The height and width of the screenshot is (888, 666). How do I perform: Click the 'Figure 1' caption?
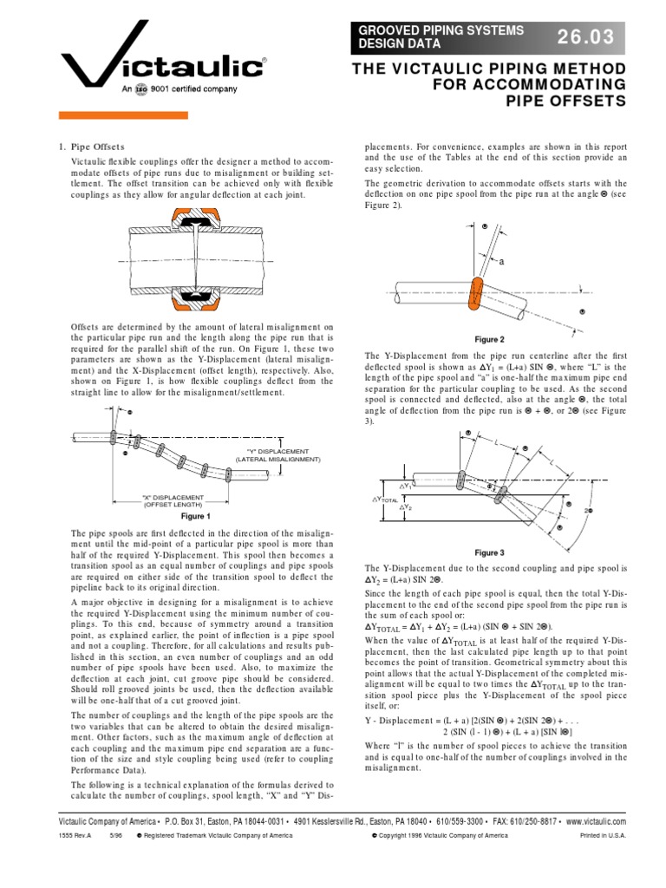(x=195, y=516)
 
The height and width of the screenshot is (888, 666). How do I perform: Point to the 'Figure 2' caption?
(x=490, y=340)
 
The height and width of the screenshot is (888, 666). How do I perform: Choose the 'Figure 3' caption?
(x=489, y=552)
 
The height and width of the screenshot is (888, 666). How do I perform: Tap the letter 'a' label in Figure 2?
(x=500, y=261)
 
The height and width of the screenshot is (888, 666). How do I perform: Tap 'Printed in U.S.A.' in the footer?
(x=602, y=836)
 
